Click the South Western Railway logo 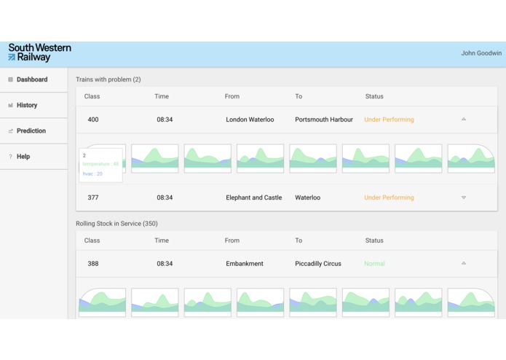(39, 52)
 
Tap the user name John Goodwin (481, 53)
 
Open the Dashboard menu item (32, 79)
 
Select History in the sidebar (27, 105)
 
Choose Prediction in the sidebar (31, 131)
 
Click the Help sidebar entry (23, 157)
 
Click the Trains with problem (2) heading (108, 79)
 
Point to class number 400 (93, 120)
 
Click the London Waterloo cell (250, 120)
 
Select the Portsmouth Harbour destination (324, 120)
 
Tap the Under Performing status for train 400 (389, 120)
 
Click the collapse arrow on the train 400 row (464, 120)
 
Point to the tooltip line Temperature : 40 (100, 164)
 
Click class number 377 (93, 197)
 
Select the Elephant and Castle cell (254, 197)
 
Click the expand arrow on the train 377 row (464, 197)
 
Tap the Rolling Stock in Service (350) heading (116, 224)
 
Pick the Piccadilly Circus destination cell (318, 264)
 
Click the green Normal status (374, 264)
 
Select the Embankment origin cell (245, 264)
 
